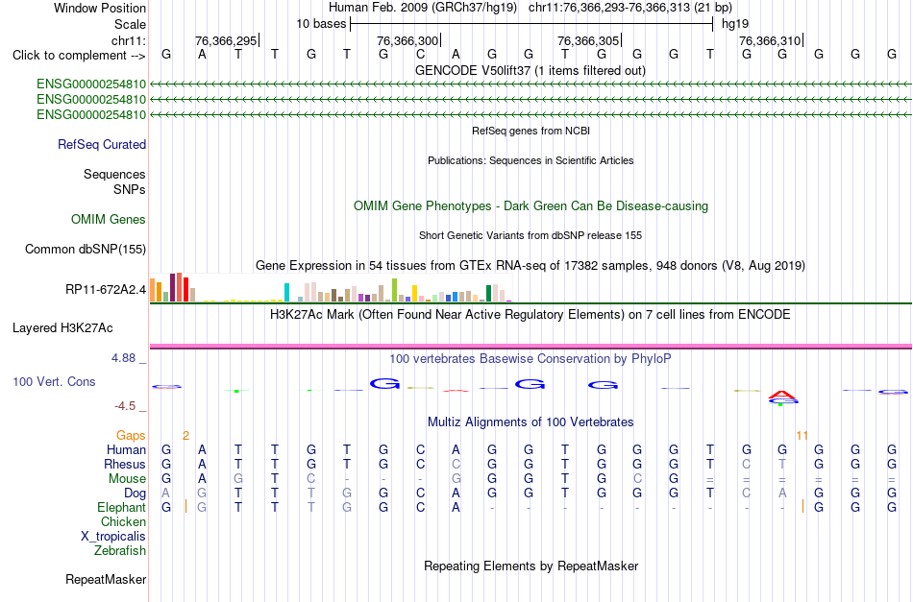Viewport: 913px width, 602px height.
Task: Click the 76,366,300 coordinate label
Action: pyautogui.click(x=407, y=40)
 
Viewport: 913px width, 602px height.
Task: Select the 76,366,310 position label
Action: pyautogui.click(x=769, y=40)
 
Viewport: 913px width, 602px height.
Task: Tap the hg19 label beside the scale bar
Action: pyautogui.click(x=735, y=24)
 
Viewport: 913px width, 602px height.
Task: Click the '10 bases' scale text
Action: pyautogui.click(x=321, y=24)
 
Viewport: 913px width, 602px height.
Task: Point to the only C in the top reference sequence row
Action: pyautogui.click(x=420, y=55)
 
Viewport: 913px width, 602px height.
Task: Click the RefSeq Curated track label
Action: pyautogui.click(x=102, y=144)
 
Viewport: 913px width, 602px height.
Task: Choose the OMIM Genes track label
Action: pyautogui.click(x=109, y=219)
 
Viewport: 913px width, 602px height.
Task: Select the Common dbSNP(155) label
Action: pyautogui.click(x=86, y=249)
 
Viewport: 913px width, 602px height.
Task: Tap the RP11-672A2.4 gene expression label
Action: pyautogui.click(x=106, y=289)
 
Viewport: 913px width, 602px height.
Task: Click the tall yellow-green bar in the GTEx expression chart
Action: pyautogui.click(x=394, y=290)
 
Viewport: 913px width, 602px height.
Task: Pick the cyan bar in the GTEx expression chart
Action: pyautogui.click(x=286, y=292)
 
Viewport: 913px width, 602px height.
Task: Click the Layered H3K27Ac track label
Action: pyautogui.click(x=62, y=328)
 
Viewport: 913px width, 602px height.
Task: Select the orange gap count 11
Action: pyautogui.click(x=802, y=435)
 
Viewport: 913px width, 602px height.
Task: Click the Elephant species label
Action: pyautogui.click(x=121, y=507)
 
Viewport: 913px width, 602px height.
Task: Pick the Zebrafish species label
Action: pyautogui.click(x=120, y=550)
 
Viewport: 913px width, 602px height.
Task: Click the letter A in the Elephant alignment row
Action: pyautogui.click(x=456, y=507)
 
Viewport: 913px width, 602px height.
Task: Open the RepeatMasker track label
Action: pyautogui.click(x=106, y=579)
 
